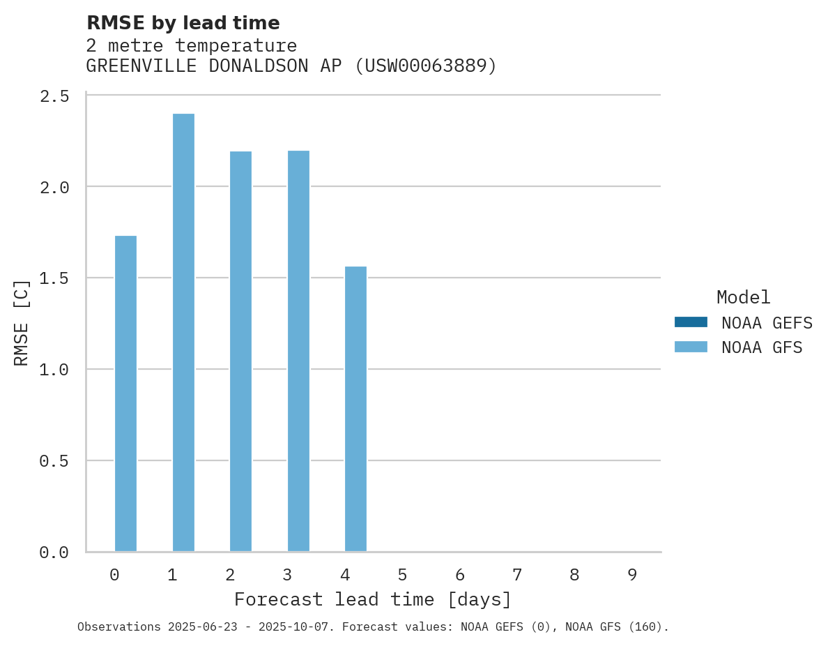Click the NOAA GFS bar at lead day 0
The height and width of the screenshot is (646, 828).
125,393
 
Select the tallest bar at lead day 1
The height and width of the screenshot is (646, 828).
183,332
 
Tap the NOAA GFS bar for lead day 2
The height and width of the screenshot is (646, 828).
240,351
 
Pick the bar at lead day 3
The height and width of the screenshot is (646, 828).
298,351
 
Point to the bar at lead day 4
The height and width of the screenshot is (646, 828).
355,409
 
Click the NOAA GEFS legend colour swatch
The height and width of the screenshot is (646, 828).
690,322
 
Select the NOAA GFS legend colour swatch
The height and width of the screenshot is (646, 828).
690,347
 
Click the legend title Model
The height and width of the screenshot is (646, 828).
743,298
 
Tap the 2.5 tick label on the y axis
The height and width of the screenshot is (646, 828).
54,96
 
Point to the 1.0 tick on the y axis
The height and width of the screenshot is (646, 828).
54,369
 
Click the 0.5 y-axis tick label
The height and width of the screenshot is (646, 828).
54,461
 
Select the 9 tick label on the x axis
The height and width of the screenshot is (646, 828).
631,576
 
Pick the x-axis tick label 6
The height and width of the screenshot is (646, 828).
459,576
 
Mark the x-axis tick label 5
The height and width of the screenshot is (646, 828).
402,576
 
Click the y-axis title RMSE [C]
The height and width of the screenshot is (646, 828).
22,322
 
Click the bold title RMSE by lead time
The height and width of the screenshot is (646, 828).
183,23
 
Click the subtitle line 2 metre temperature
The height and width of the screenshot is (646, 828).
191,46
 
